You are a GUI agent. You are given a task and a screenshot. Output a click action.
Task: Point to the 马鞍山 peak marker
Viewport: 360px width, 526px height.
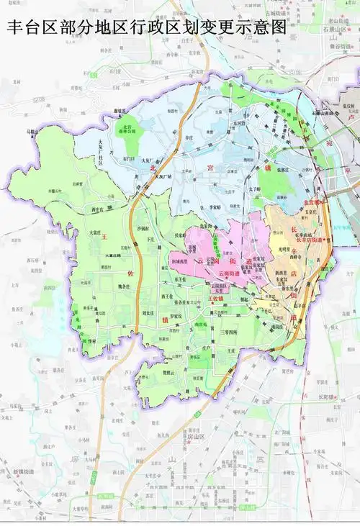[x=30, y=132]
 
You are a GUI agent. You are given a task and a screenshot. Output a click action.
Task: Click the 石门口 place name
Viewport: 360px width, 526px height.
[x=129, y=158]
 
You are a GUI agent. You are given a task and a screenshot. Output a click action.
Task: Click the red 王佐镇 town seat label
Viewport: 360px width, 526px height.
[x=216, y=297]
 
